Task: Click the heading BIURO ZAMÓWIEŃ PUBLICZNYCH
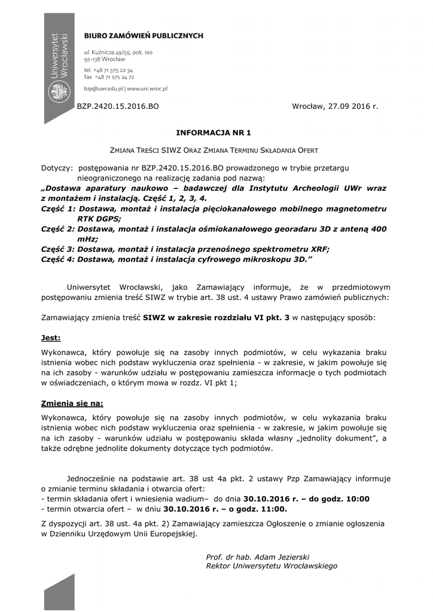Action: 143,36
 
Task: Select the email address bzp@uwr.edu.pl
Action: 103,88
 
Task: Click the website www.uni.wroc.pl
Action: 147,88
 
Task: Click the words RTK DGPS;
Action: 99,218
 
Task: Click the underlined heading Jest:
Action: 51,338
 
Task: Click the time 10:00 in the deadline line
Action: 357,499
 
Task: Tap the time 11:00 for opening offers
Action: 273,509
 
